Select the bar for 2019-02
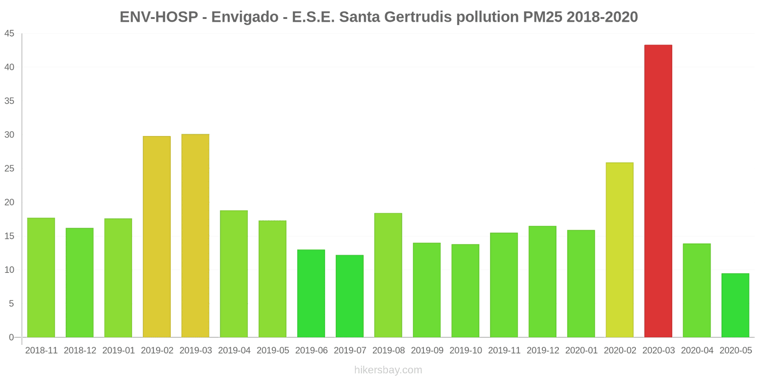[x=157, y=237]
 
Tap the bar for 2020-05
[x=735, y=306]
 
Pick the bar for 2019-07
[x=350, y=296]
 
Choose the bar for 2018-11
[x=41, y=278]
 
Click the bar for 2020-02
[x=619, y=250]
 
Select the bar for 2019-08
[x=388, y=275]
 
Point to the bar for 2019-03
[x=195, y=236]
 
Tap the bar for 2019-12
[x=542, y=282]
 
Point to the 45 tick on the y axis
[x=9, y=34]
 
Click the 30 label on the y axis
[x=9, y=135]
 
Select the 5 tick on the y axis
[x=11, y=304]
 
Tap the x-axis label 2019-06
[x=311, y=351]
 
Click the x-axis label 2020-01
[x=581, y=351]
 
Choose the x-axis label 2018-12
[x=80, y=351]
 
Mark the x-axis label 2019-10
[x=466, y=351]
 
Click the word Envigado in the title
[x=245, y=17]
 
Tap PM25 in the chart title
[x=543, y=17]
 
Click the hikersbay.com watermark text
[x=388, y=370]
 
